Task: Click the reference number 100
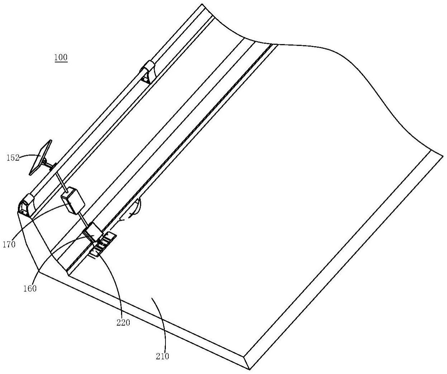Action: (61, 57)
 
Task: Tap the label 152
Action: (13, 158)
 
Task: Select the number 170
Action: (9, 244)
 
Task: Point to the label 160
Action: (30, 288)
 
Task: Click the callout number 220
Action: (123, 322)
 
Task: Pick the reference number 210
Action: (162, 356)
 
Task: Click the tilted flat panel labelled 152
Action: (40, 157)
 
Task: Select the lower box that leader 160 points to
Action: (93, 232)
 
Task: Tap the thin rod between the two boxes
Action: (83, 218)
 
